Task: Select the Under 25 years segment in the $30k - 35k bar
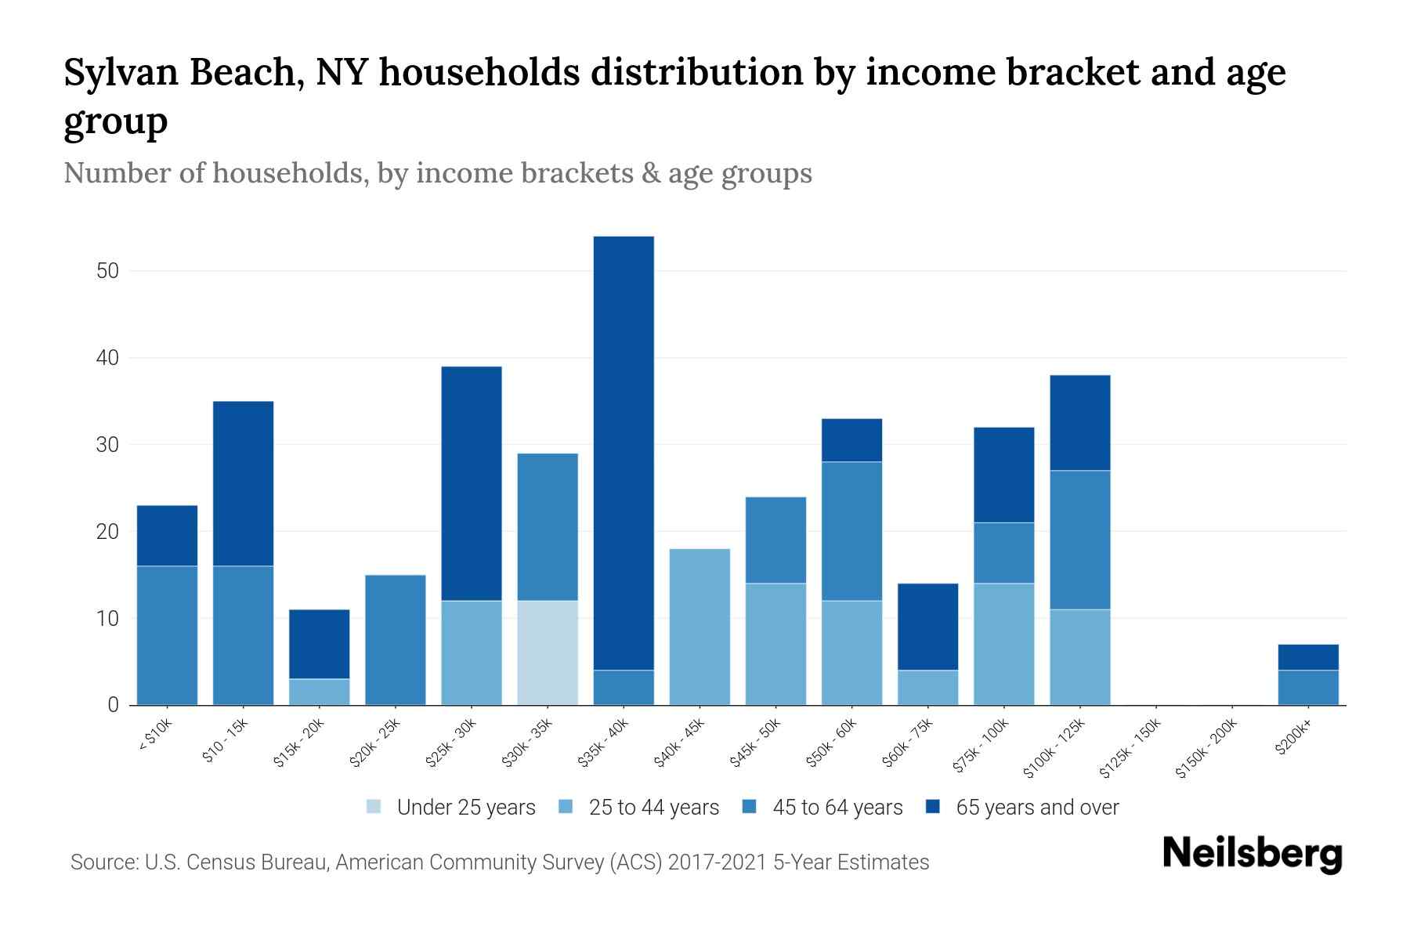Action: click(548, 653)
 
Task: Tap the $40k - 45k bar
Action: click(700, 627)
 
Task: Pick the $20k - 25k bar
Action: click(396, 640)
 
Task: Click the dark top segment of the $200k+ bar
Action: click(1307, 657)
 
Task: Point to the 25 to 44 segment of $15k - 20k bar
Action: click(319, 692)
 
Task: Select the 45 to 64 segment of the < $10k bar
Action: click(167, 635)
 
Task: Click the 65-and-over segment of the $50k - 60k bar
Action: click(851, 440)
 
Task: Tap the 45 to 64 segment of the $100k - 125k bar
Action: click(1079, 540)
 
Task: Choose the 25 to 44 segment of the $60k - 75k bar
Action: click(927, 687)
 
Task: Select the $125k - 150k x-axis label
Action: click(1130, 748)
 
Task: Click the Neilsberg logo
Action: click(1252, 854)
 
